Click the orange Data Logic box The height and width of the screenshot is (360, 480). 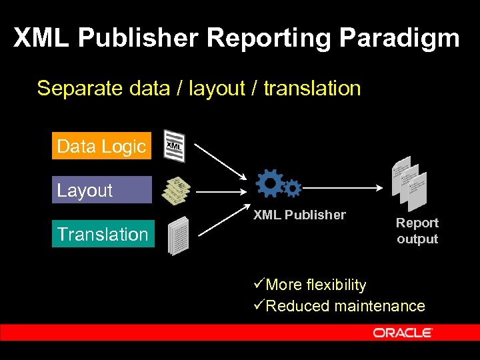[x=101, y=147]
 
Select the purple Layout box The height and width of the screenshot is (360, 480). [x=101, y=190]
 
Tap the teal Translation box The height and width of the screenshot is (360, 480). [x=103, y=234]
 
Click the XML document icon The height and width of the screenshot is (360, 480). [x=175, y=146]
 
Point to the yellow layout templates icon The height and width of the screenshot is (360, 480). [x=177, y=191]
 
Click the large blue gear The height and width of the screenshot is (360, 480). [x=270, y=183]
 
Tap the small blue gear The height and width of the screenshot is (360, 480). [x=292, y=188]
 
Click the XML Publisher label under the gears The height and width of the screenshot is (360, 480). [x=299, y=215]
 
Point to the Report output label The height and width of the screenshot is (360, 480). [x=417, y=231]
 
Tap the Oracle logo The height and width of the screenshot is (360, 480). [x=403, y=333]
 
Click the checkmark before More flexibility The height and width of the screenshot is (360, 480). [x=259, y=285]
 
